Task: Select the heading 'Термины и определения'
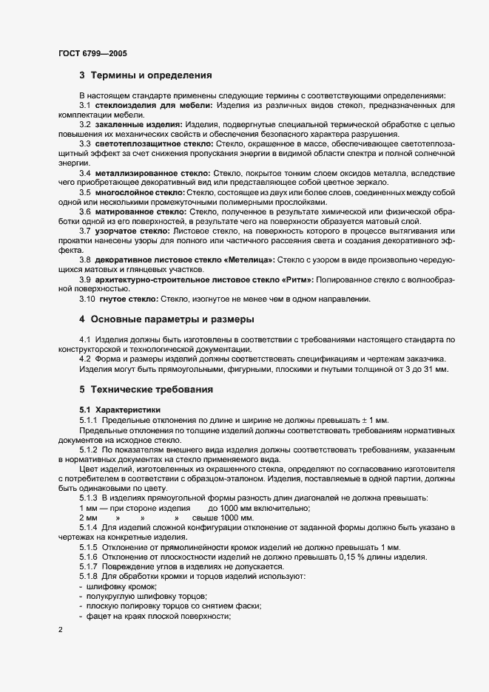[x=152, y=75]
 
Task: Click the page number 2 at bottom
[x=61, y=630]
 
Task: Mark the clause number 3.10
[x=88, y=299]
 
